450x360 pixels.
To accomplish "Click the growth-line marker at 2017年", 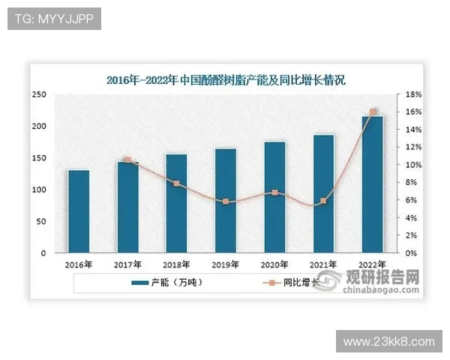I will [127, 160].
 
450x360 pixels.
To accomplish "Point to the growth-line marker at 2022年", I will [373, 112].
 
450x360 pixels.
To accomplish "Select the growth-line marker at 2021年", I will [323, 201].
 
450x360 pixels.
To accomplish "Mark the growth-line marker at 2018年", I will [176, 183].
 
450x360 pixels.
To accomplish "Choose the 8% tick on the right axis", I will [412, 183].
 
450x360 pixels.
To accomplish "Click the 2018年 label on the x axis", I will [176, 265].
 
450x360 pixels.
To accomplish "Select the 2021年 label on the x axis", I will [323, 265].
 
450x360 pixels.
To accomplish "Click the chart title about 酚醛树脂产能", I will [226, 79].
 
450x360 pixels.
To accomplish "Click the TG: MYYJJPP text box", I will [53, 19].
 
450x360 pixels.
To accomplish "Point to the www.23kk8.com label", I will [388, 341].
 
